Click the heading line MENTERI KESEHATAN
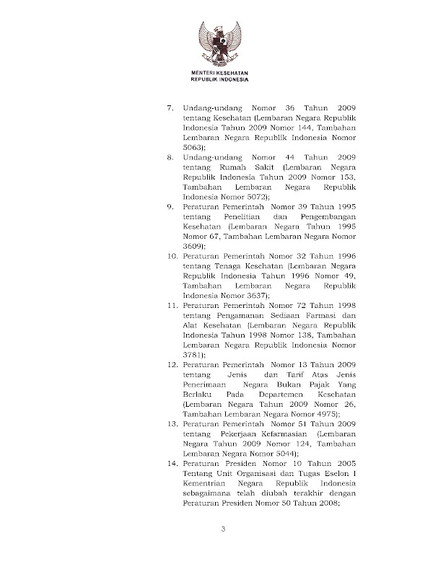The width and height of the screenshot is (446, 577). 224,74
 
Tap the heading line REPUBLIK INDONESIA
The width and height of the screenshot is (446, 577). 224,80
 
